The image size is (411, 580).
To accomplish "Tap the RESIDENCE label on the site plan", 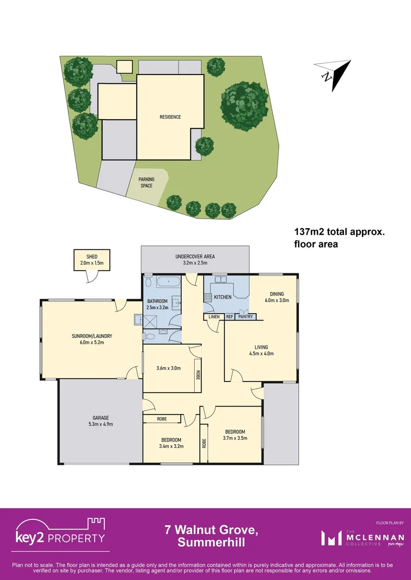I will (x=170, y=117).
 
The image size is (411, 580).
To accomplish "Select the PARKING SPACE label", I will (x=146, y=183).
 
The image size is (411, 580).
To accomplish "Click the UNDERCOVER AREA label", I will (x=195, y=257).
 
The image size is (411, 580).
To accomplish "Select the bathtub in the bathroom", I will (x=168, y=281).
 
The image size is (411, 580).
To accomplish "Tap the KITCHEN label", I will (x=223, y=297).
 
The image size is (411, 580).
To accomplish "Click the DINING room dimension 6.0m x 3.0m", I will (x=277, y=300).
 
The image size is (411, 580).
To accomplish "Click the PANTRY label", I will (x=246, y=317).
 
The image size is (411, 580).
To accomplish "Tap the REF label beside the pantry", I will (x=229, y=317).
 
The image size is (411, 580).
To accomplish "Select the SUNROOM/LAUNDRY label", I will (x=91, y=336).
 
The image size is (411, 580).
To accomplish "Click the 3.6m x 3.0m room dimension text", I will (x=168, y=368).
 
